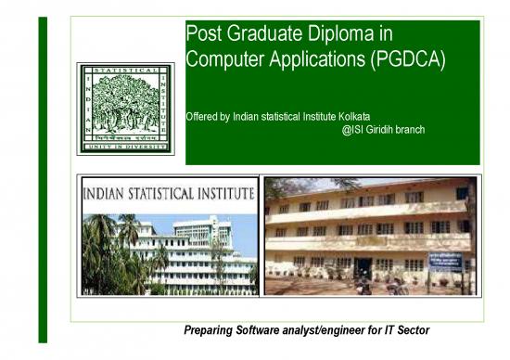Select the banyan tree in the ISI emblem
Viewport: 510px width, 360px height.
124,99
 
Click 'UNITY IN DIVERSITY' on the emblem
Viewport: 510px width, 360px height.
124,146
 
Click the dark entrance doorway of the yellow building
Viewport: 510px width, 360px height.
364,268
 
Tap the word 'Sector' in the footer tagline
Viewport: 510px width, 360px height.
411,331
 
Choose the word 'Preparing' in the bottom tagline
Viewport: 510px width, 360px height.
208,331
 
